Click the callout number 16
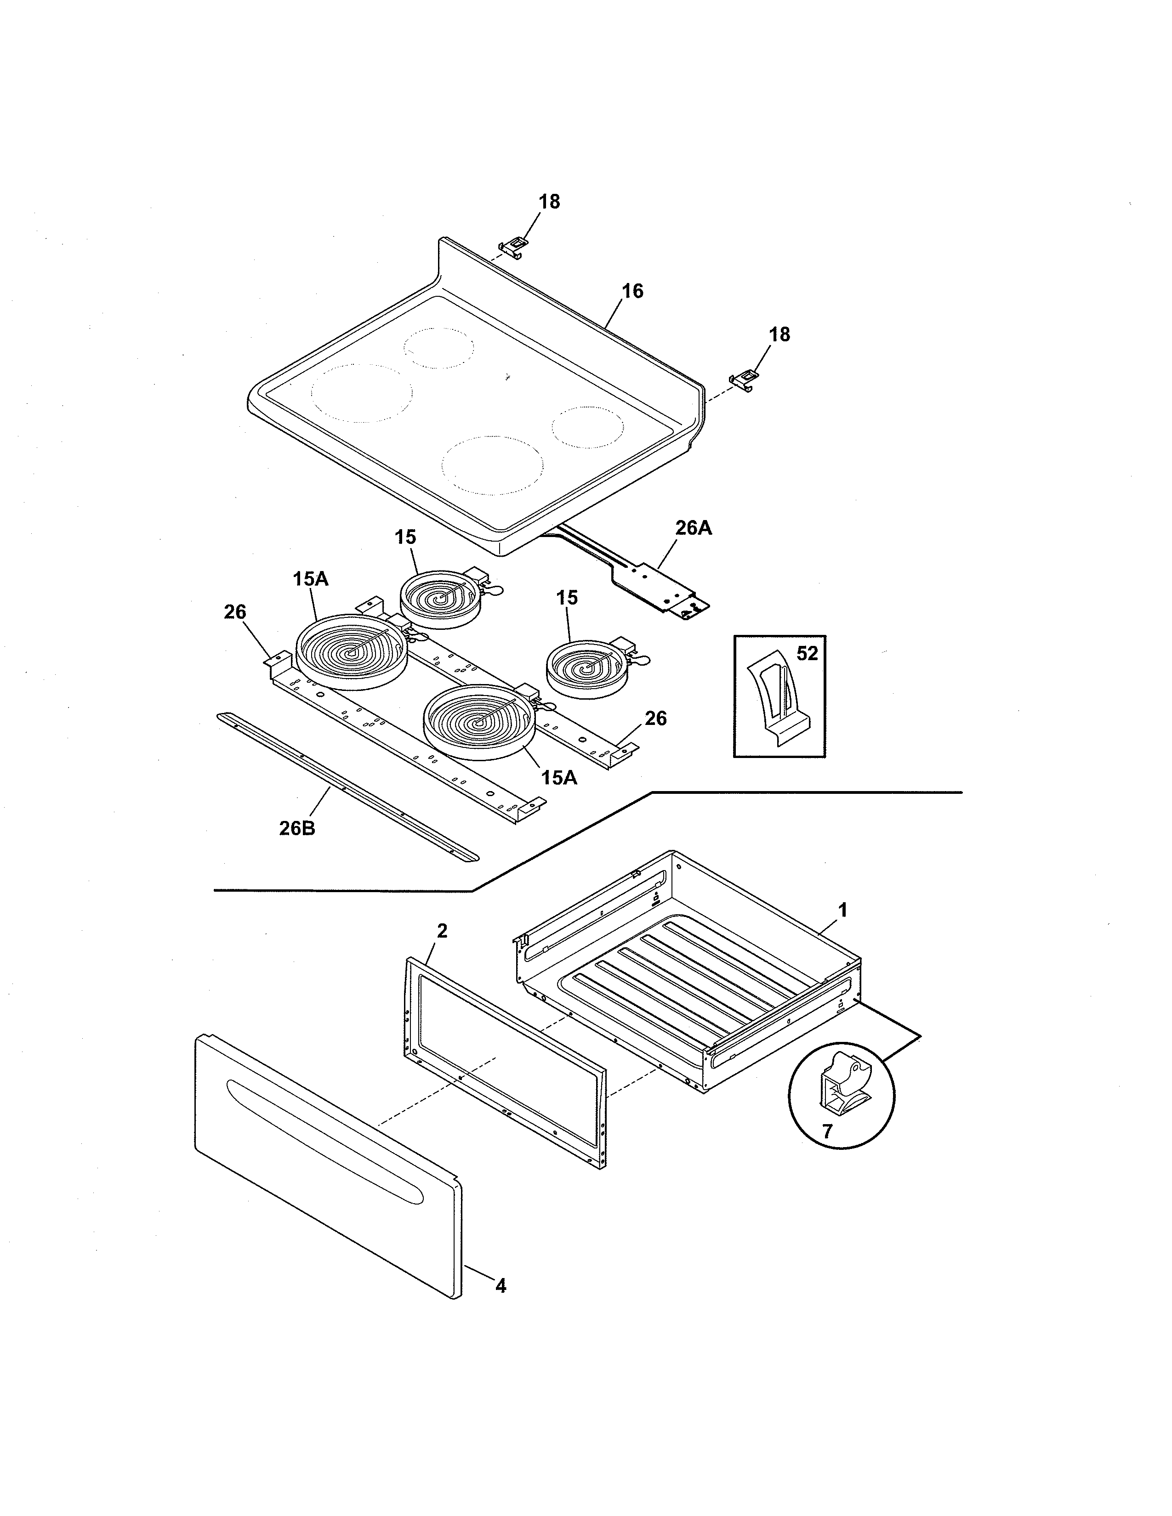click(x=632, y=291)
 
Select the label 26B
click(x=297, y=828)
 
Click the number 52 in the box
click(x=807, y=653)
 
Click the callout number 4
click(x=501, y=1286)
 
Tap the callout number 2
click(x=442, y=932)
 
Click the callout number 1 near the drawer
click(x=842, y=909)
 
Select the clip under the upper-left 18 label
click(x=512, y=246)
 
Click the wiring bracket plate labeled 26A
click(x=656, y=587)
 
